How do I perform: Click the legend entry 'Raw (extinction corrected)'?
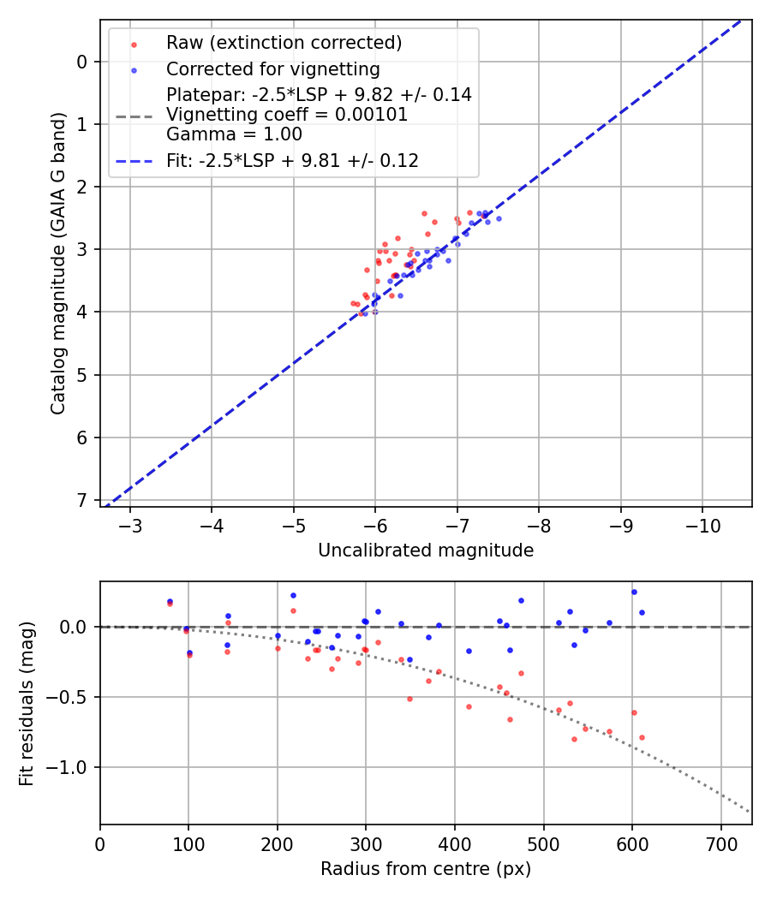(x=284, y=43)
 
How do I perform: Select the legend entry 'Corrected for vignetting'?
(x=272, y=69)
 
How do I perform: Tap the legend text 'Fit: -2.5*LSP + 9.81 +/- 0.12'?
(x=292, y=160)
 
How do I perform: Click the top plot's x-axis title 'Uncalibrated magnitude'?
(x=426, y=551)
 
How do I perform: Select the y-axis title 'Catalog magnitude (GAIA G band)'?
(x=57, y=280)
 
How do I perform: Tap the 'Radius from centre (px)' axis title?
(x=426, y=869)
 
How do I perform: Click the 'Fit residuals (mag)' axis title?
(x=27, y=704)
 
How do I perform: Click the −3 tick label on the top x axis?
(x=131, y=524)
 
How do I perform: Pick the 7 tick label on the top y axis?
(x=82, y=500)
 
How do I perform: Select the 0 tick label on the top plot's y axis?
(x=82, y=62)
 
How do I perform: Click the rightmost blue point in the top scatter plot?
(x=499, y=218)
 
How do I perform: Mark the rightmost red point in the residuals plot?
(x=642, y=737)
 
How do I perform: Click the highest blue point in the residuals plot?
(x=634, y=592)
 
